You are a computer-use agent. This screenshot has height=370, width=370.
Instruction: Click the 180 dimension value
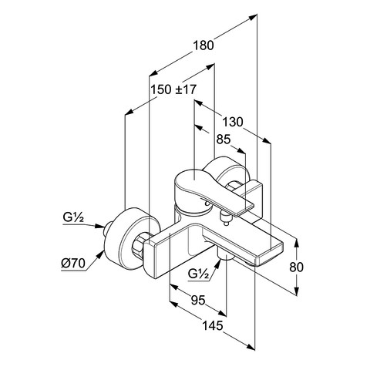click(203, 45)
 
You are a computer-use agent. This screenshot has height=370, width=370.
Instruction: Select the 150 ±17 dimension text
click(173, 89)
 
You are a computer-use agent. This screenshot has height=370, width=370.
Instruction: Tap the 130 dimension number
click(232, 122)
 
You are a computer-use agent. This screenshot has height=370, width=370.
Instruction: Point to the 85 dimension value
click(224, 140)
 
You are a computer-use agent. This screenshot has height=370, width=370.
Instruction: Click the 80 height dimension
click(296, 267)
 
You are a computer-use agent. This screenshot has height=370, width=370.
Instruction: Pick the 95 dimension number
click(198, 300)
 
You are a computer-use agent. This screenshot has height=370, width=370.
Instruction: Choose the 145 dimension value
click(213, 326)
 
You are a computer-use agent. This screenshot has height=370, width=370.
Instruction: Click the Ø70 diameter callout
click(73, 263)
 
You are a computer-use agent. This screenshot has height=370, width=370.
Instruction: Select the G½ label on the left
click(73, 217)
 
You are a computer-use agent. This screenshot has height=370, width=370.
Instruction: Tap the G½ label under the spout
click(198, 274)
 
